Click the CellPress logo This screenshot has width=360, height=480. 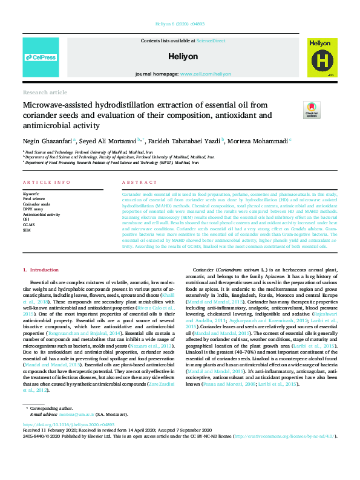click(x=40, y=57)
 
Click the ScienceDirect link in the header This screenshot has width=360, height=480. click(x=211, y=41)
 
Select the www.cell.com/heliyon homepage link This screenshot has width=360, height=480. click(x=205, y=73)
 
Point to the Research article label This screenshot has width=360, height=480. click(x=45, y=92)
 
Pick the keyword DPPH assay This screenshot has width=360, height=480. click(x=34, y=209)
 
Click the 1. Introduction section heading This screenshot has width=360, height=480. click(x=41, y=268)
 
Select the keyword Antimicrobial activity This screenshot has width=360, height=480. click(x=41, y=215)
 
